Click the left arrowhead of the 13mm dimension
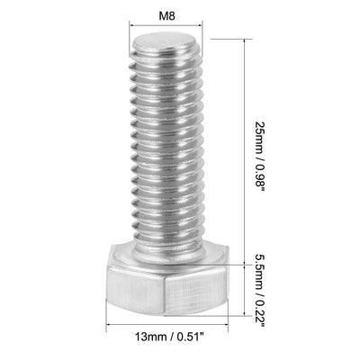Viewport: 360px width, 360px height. coord(112,328)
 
